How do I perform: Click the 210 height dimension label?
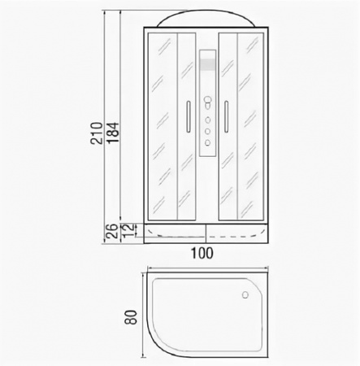click(x=97, y=133)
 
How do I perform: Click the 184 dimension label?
click(x=113, y=133)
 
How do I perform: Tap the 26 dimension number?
click(x=111, y=231)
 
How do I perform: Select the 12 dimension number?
click(x=128, y=230)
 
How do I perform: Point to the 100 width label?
click(x=202, y=254)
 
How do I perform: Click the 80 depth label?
click(x=132, y=317)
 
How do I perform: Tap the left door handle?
click(x=189, y=116)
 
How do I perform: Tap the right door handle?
click(x=226, y=116)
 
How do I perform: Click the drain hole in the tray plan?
click(x=245, y=294)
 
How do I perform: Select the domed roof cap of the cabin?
click(x=206, y=19)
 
